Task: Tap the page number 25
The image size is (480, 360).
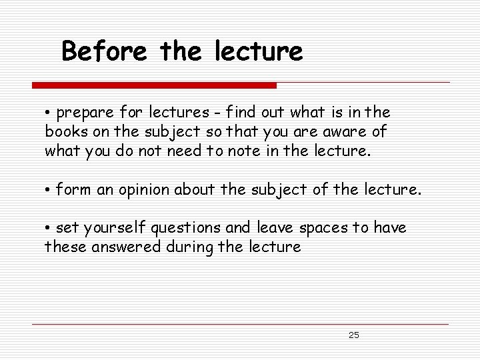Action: (x=353, y=335)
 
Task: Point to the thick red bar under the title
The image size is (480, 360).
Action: (x=154, y=85)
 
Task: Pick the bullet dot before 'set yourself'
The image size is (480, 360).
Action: (x=49, y=229)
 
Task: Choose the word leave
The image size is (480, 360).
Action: (x=273, y=229)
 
